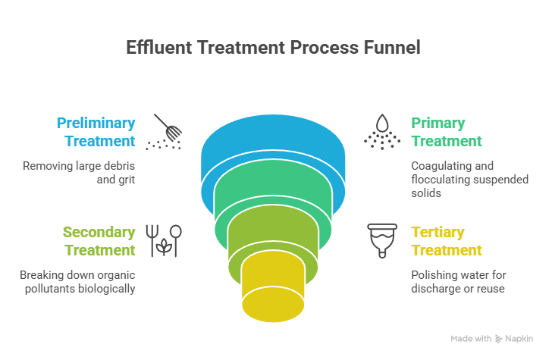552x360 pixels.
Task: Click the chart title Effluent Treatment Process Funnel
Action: coord(273,48)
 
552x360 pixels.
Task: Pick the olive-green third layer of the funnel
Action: coord(273,241)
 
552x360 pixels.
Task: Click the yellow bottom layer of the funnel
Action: coord(273,292)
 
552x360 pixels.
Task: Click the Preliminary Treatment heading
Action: coord(96,132)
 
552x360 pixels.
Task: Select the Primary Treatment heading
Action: coord(447,132)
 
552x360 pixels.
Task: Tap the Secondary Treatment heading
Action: coord(99,241)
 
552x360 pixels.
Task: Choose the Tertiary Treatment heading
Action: coord(447,241)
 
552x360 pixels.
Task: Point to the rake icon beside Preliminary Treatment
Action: coord(166,130)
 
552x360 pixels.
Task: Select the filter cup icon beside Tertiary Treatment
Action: coord(383,240)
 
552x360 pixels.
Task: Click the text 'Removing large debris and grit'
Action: coord(79,173)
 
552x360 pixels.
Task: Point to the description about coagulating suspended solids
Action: coord(452,180)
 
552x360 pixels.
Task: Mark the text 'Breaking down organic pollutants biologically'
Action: coord(77,281)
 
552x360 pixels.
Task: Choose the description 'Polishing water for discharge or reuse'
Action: coord(458,281)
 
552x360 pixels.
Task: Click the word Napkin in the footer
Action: coord(519,339)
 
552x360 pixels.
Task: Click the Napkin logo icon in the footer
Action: coord(499,339)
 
